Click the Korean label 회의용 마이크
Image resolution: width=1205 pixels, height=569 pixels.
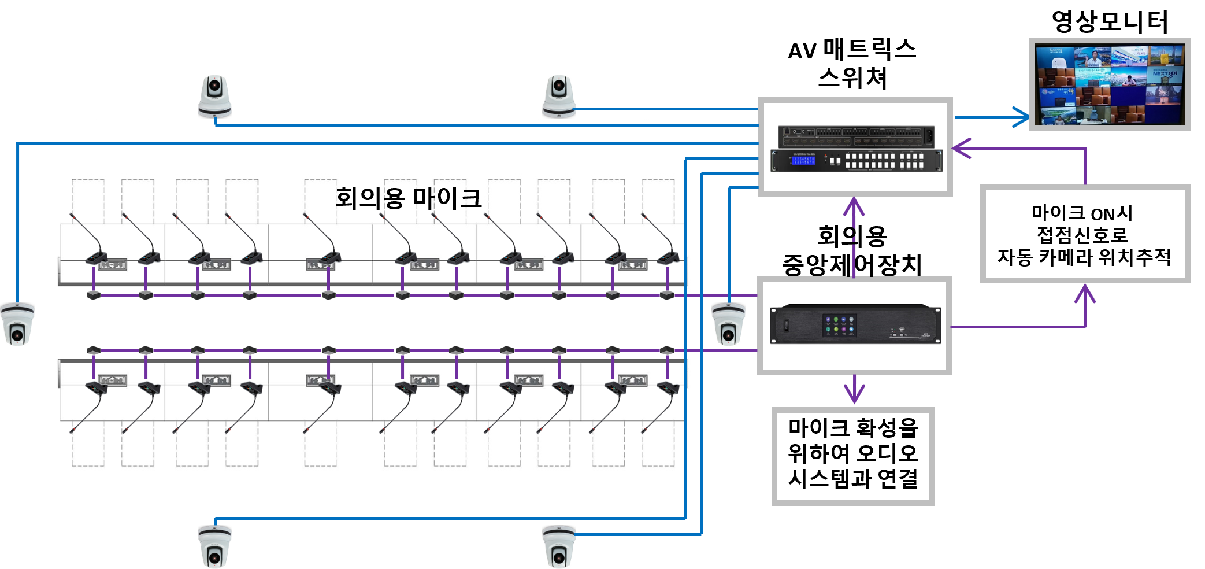pyautogui.click(x=408, y=198)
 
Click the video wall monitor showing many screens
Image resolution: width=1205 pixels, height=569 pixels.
pyautogui.click(x=1110, y=84)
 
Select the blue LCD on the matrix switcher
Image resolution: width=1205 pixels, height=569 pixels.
pyautogui.click(x=803, y=160)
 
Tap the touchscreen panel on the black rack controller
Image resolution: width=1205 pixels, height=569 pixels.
pyautogui.click(x=839, y=326)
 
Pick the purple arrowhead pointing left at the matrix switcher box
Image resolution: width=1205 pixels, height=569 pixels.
pyautogui.click(x=961, y=149)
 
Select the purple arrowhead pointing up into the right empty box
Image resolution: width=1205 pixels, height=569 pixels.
pyautogui.click(x=1085, y=293)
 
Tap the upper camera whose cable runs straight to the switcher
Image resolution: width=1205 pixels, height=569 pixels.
pyautogui.click(x=559, y=96)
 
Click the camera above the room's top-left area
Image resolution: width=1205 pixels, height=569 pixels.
pyautogui.click(x=214, y=96)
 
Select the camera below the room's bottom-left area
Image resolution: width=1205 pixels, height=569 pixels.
pyautogui.click(x=214, y=546)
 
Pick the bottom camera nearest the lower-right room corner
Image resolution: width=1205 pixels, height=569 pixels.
pyautogui.click(x=559, y=546)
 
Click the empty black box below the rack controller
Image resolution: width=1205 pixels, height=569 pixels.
pyautogui.click(x=853, y=456)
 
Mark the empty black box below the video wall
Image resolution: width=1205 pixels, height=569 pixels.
pyautogui.click(x=1085, y=234)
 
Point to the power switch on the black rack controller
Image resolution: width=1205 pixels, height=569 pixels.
pyautogui.click(x=786, y=326)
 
